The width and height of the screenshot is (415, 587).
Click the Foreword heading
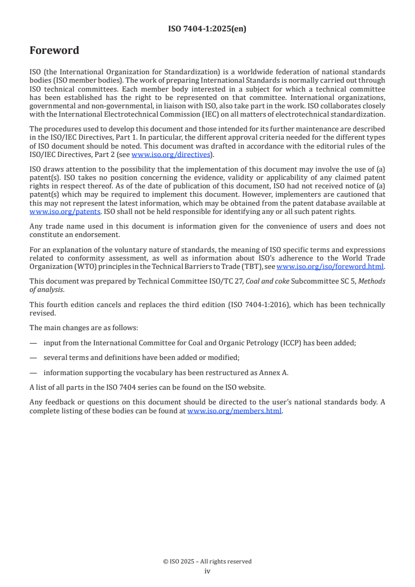(54, 51)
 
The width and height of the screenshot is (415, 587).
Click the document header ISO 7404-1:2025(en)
(207, 29)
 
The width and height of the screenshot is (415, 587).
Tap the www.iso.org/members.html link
(234, 411)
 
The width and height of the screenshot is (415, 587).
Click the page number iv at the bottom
(207, 571)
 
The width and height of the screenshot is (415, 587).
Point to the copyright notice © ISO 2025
(207, 561)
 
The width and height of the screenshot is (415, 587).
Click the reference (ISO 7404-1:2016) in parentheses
(242, 304)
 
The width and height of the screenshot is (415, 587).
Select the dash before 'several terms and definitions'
(33, 358)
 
